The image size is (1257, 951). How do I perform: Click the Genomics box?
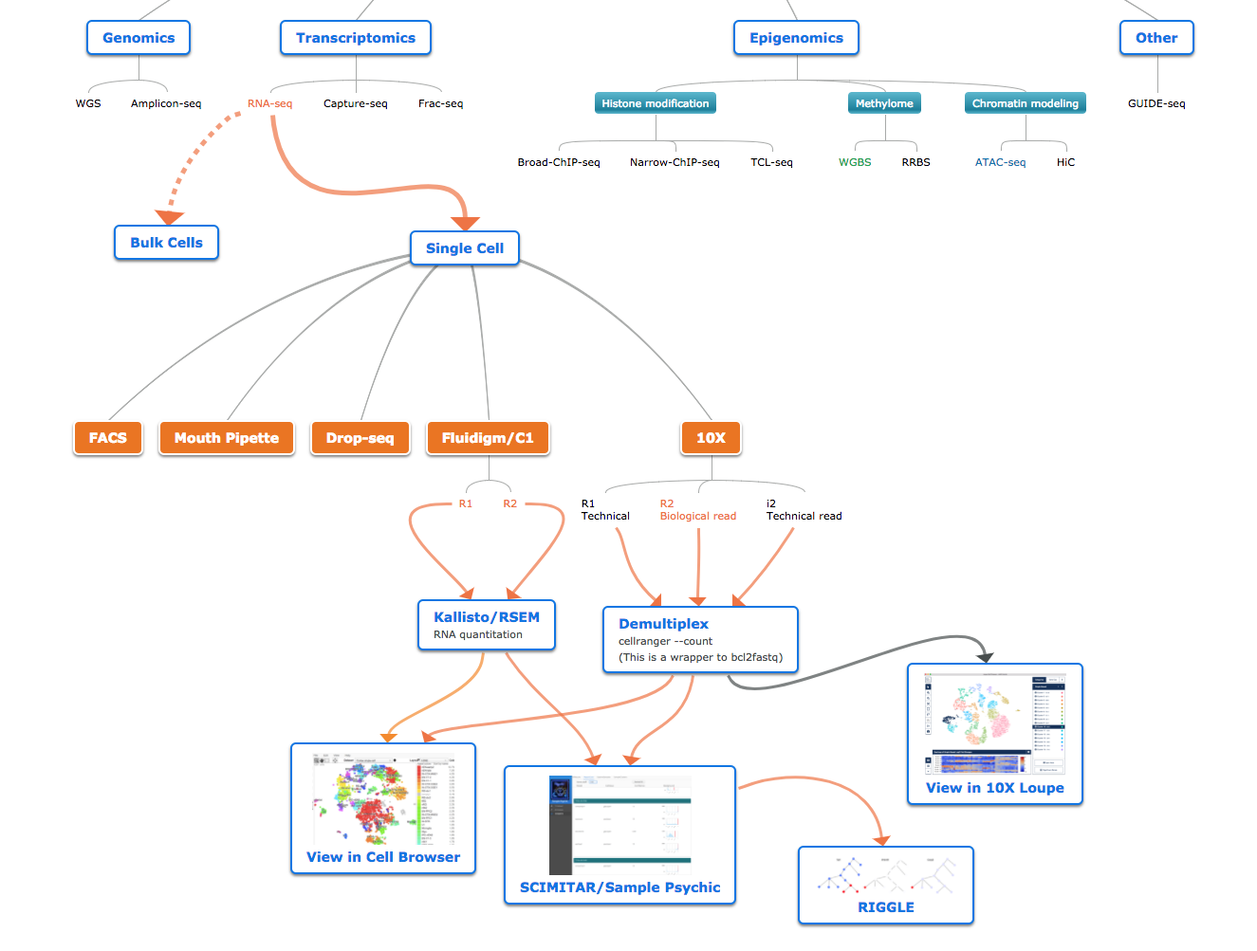[139, 38]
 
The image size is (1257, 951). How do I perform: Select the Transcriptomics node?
[356, 38]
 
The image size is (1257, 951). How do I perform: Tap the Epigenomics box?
[796, 38]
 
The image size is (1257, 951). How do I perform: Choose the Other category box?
[1156, 38]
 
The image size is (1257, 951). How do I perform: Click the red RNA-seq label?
[269, 103]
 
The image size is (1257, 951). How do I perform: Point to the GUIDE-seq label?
[1156, 103]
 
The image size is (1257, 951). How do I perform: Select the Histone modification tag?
[655, 103]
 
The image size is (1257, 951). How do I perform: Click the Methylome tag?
[884, 103]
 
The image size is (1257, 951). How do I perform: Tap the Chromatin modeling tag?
[1025, 103]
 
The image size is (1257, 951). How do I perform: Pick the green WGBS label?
[855, 162]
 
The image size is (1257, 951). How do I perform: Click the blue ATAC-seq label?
[1000, 162]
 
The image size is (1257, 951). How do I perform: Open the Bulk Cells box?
[166, 243]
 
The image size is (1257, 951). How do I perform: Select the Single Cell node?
[465, 248]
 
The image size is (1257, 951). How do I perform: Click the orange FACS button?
[108, 438]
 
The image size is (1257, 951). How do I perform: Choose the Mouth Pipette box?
[227, 438]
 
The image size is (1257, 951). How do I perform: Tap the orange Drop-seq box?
[360, 438]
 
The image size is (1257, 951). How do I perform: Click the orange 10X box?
[711, 438]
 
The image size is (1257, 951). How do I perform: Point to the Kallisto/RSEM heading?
[487, 617]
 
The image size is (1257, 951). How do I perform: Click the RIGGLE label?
[886, 907]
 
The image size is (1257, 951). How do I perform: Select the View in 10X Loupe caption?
[994, 788]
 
